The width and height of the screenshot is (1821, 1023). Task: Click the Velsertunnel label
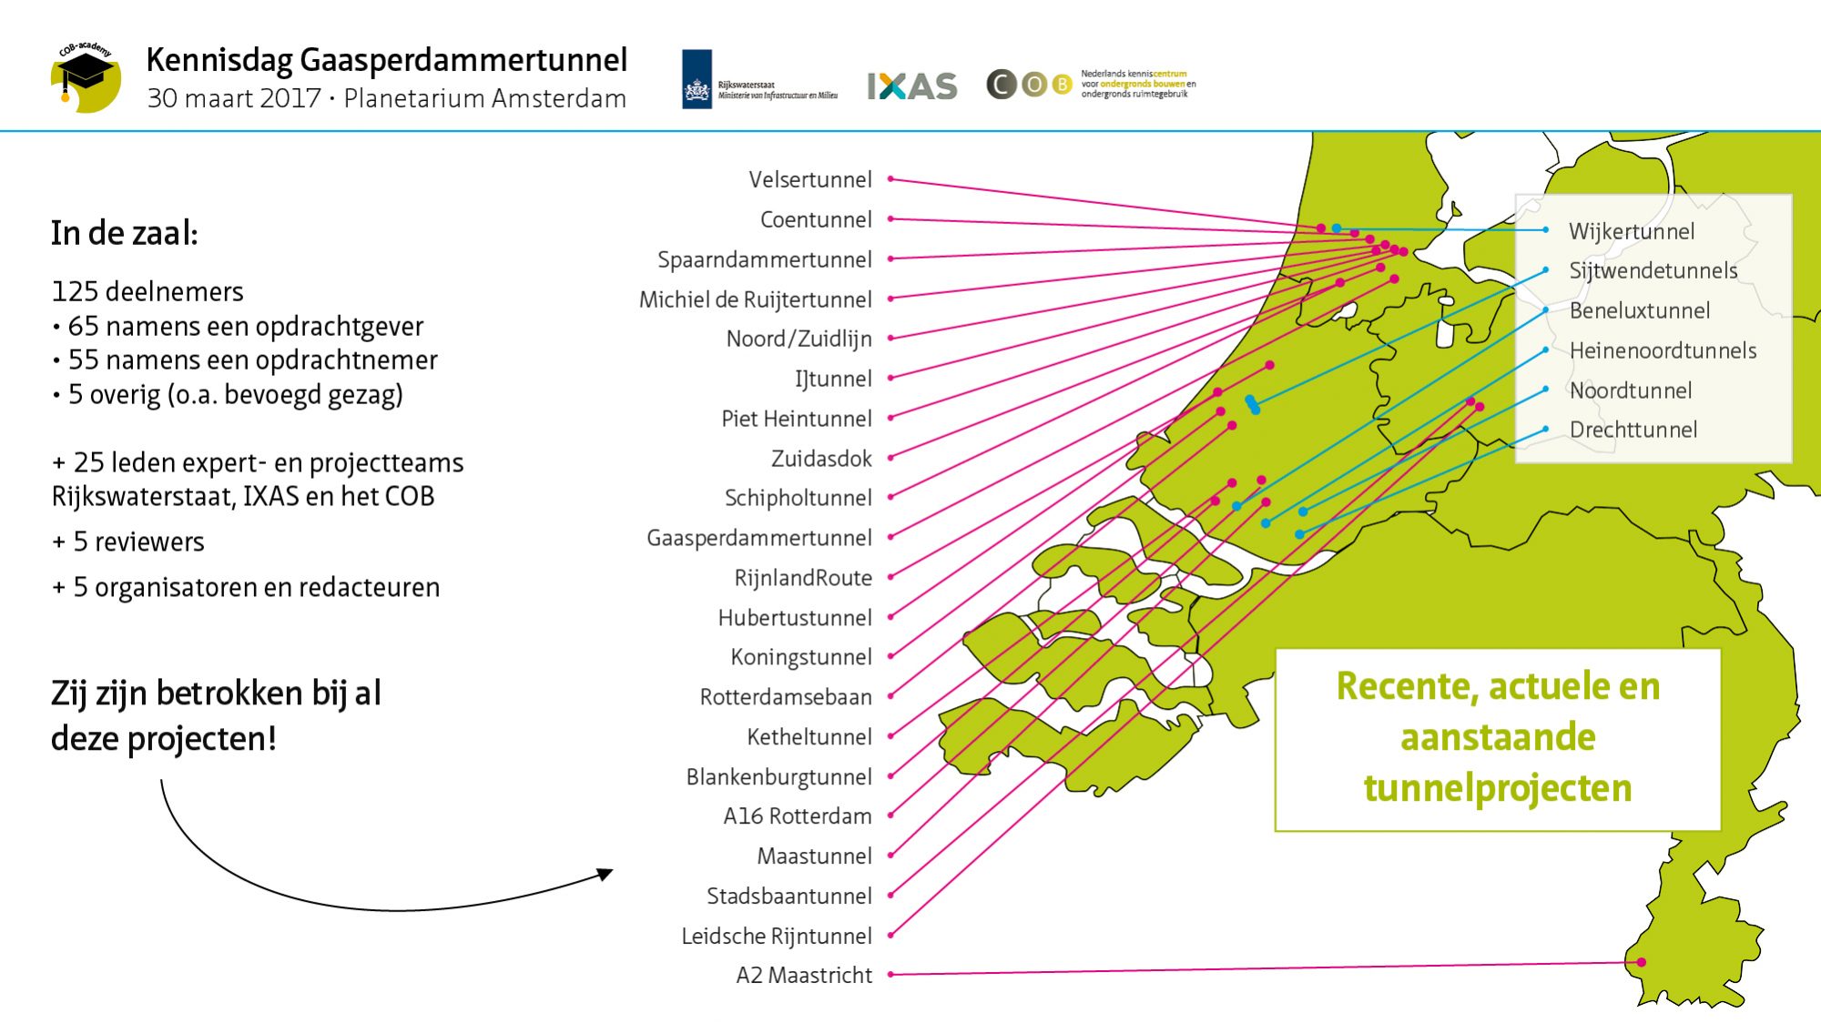point(809,179)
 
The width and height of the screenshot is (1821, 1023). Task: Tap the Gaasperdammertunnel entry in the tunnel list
point(758,538)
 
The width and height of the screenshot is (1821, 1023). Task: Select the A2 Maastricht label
point(803,975)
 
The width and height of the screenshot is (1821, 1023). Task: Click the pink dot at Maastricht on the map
point(1642,962)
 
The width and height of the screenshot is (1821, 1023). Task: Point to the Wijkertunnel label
point(1631,231)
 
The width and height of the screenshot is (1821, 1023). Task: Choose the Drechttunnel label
point(1633,430)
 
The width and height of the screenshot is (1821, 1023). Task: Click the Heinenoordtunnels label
point(1663,350)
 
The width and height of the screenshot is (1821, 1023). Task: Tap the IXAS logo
point(911,86)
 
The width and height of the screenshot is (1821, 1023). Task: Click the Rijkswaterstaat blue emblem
point(697,79)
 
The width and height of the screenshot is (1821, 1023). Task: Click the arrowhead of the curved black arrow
point(605,874)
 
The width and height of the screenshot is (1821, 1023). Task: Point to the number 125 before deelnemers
point(75,291)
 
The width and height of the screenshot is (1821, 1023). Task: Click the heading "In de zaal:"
point(125,233)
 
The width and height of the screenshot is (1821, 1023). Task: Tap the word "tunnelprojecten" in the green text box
point(1498,788)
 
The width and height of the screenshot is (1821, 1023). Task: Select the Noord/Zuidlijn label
point(799,339)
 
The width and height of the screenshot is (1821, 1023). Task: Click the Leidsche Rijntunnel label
point(776,936)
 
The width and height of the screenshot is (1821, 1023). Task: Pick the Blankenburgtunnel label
point(778,776)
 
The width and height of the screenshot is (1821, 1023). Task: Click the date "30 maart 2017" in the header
point(234,98)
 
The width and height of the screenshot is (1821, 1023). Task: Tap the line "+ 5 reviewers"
point(128,542)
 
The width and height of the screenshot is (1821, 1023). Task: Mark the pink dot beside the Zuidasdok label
point(890,458)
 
